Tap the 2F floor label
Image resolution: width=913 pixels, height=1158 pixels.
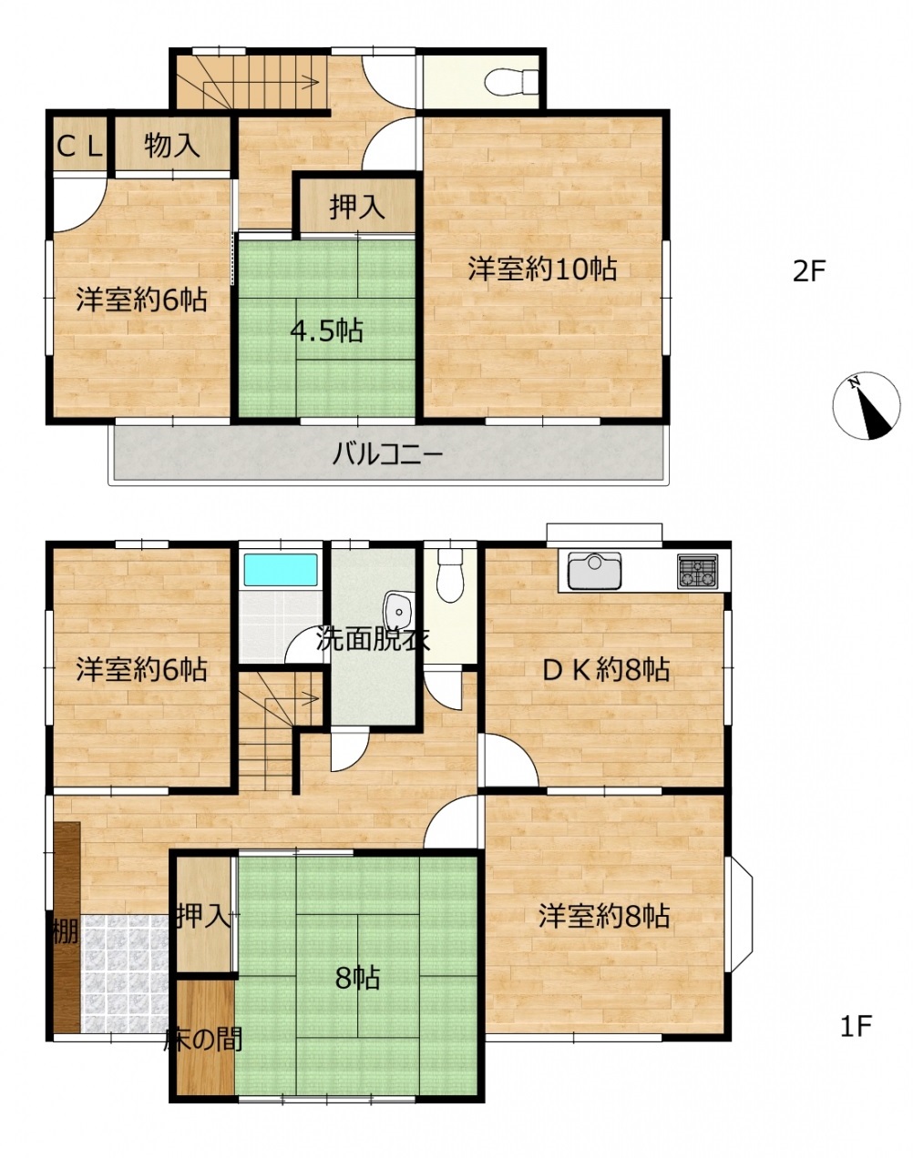(x=809, y=271)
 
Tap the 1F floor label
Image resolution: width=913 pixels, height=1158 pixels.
(x=856, y=1026)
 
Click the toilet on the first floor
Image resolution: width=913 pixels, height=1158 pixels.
(x=450, y=574)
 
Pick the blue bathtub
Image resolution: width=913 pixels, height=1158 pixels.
(x=281, y=569)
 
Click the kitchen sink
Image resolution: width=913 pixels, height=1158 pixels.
(x=594, y=571)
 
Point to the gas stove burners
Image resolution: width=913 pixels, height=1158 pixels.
(x=698, y=571)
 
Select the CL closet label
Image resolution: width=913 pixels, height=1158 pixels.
(x=79, y=147)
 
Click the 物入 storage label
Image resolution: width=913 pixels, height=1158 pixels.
(x=172, y=145)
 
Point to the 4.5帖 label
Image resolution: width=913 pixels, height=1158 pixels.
(x=326, y=330)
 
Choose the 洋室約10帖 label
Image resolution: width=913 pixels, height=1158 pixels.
(x=542, y=269)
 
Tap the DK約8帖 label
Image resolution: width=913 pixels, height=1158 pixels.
(x=605, y=670)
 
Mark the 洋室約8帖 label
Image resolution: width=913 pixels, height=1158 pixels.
(x=604, y=916)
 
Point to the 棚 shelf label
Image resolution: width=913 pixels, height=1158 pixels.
(x=66, y=931)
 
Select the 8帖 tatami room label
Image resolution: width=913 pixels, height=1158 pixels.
(x=358, y=978)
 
